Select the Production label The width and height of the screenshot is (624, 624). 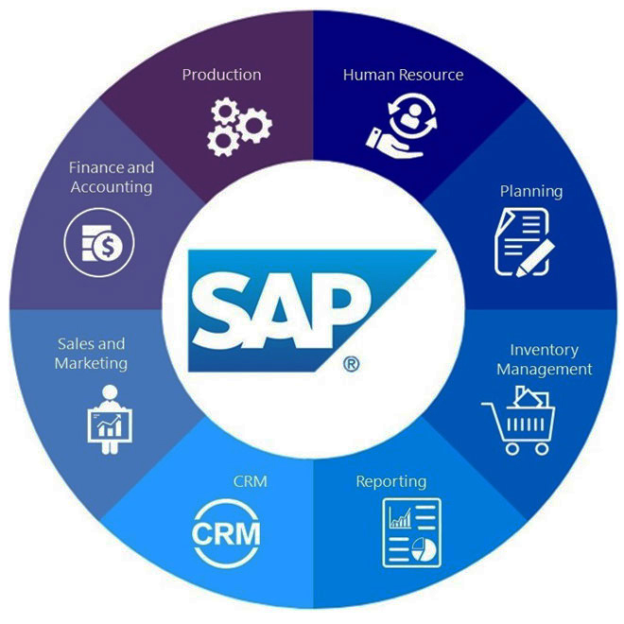tap(221, 74)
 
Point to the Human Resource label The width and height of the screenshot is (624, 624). tap(403, 74)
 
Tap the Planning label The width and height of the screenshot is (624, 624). tap(530, 191)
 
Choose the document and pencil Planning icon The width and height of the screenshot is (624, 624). tap(523, 242)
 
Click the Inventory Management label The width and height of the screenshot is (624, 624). tap(544, 359)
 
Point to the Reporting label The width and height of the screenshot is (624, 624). tap(390, 481)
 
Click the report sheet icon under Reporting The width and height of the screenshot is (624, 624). tap(412, 532)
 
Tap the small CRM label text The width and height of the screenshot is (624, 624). tap(250, 481)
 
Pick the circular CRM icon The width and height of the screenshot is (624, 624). tap(226, 532)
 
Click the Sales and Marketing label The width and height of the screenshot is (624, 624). tap(90, 354)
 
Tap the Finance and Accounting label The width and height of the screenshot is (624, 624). tap(111, 177)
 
